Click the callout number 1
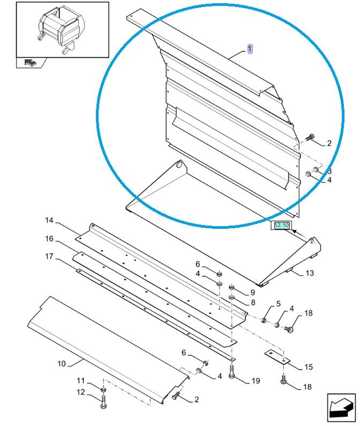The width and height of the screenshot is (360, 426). pyautogui.click(x=250, y=49)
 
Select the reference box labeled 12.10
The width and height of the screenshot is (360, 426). pyautogui.click(x=281, y=226)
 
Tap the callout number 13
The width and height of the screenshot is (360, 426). pyautogui.click(x=310, y=273)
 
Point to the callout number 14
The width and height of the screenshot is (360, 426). pyautogui.click(x=49, y=221)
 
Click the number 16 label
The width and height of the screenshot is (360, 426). pyautogui.click(x=49, y=238)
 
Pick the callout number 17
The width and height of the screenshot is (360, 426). pyautogui.click(x=49, y=257)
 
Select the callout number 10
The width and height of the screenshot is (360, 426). pyautogui.click(x=62, y=364)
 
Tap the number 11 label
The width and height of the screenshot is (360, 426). pyautogui.click(x=80, y=380)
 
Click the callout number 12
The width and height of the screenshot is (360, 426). pyautogui.click(x=80, y=392)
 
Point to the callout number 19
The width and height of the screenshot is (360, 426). pyautogui.click(x=256, y=381)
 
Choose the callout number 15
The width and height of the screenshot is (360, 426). pyautogui.click(x=309, y=368)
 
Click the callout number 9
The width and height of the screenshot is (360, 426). pyautogui.click(x=252, y=293)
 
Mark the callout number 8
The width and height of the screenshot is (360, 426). pyautogui.click(x=252, y=302)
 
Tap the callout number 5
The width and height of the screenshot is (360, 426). pyautogui.click(x=279, y=304)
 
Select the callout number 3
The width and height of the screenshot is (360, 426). pyautogui.click(x=330, y=171)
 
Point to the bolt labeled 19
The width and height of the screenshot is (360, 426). pyautogui.click(x=231, y=371)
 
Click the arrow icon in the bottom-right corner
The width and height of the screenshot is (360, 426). pyautogui.click(x=341, y=407)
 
